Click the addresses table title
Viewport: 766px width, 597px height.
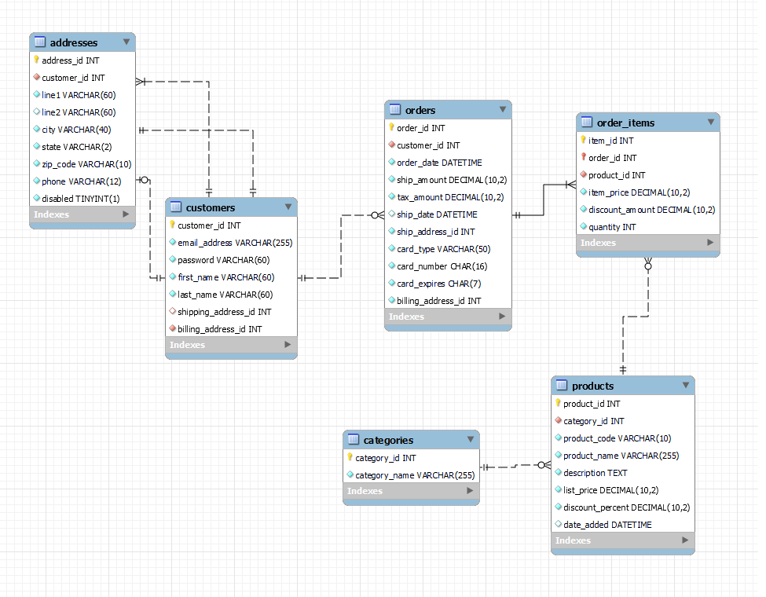coord(74,42)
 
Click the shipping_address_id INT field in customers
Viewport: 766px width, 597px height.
coord(224,312)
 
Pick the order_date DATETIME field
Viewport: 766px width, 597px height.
coord(439,163)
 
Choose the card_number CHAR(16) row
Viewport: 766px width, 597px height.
coord(442,266)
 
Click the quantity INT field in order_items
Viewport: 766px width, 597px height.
coord(612,227)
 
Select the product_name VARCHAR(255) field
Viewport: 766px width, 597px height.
coord(621,456)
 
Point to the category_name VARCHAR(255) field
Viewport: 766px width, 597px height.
coord(415,475)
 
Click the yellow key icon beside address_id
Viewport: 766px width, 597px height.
coord(36,60)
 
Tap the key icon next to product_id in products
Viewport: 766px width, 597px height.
coord(558,404)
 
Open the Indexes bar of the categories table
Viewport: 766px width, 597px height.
coord(411,491)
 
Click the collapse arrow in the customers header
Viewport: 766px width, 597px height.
coord(288,207)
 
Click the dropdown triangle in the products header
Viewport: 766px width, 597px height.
coord(686,385)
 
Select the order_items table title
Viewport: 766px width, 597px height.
coord(625,123)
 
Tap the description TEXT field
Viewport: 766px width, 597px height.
coord(595,473)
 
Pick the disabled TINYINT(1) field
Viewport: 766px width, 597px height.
coord(80,199)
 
